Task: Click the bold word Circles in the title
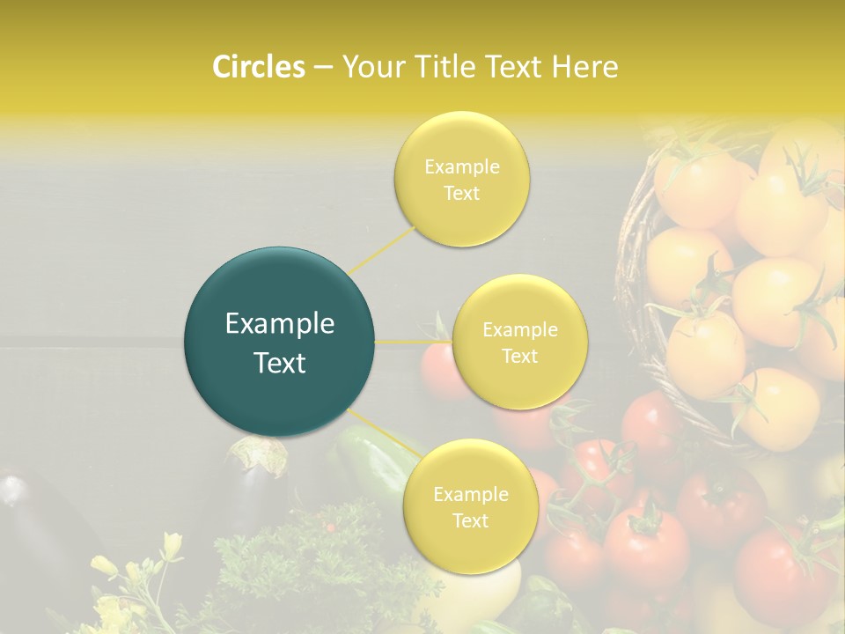point(258,67)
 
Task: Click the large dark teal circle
point(279,342)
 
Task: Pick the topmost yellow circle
point(462,180)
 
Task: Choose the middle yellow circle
point(520,342)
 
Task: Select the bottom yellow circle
point(470,507)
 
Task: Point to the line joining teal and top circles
point(382,250)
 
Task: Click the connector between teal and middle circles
point(414,342)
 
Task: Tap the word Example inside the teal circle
point(279,324)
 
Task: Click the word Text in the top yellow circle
point(462,194)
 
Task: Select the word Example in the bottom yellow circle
point(470,495)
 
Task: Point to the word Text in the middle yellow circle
point(520,356)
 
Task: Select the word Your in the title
point(371,67)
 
